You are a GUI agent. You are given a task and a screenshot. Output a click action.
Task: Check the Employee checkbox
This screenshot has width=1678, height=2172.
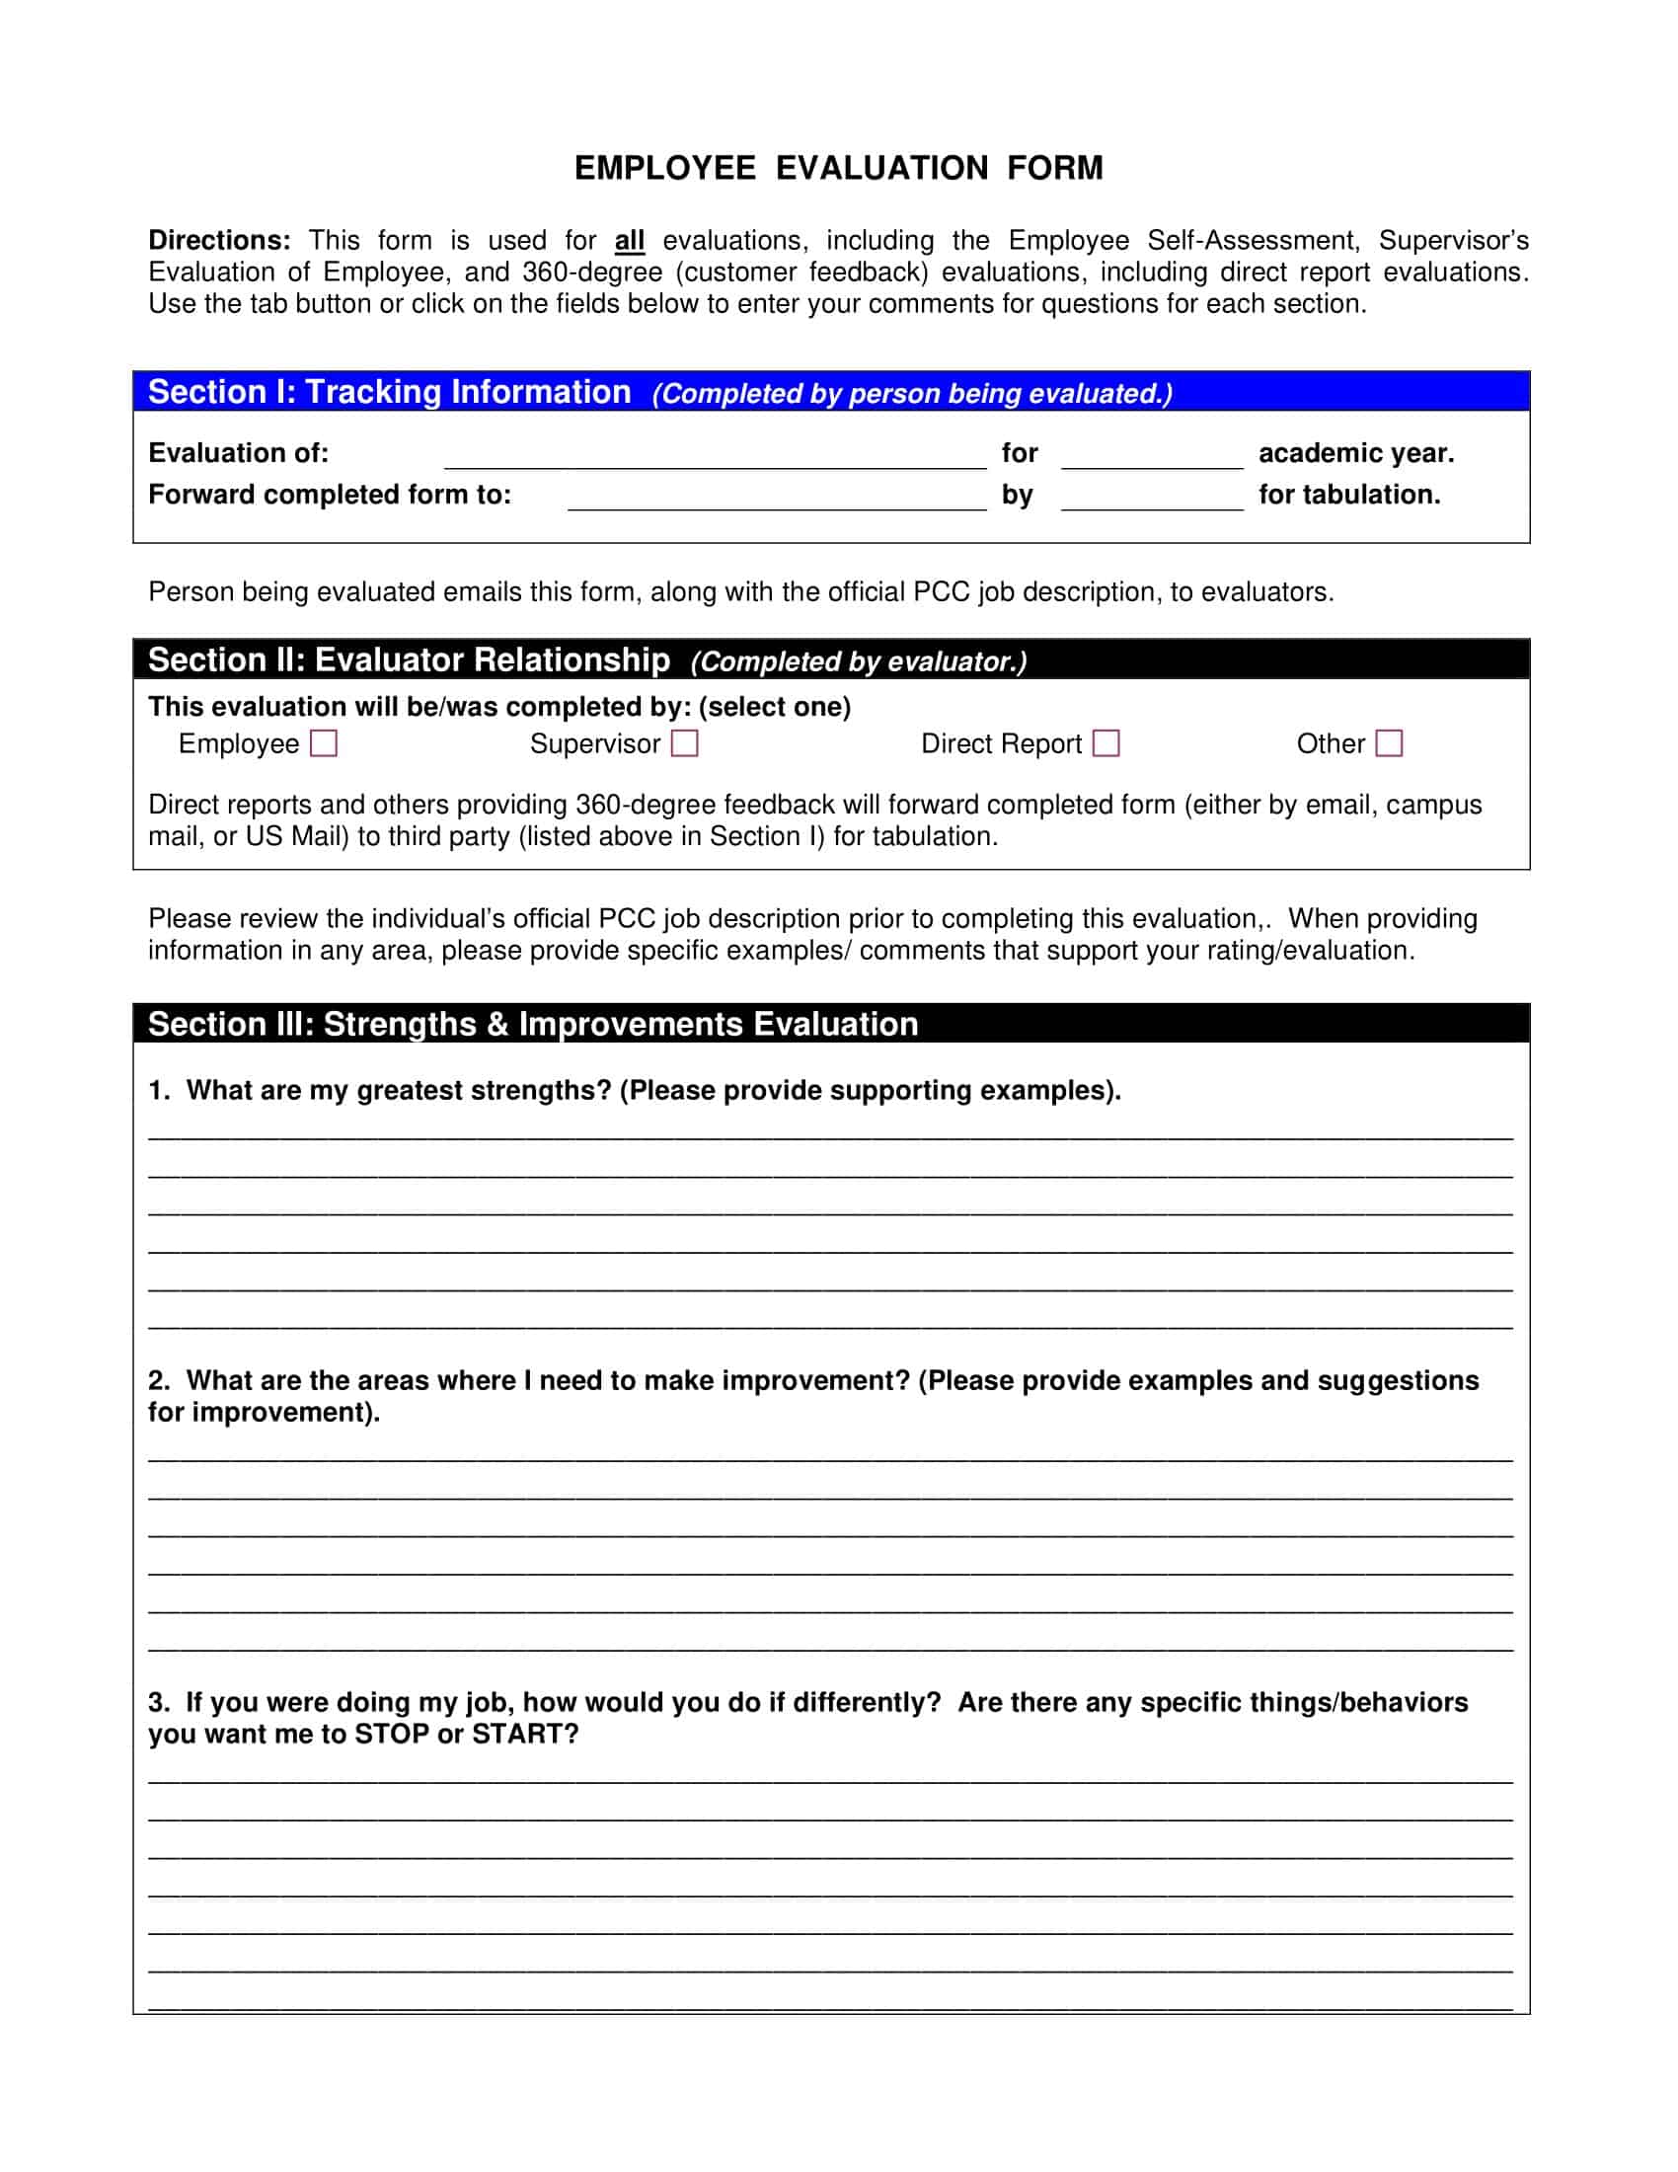[x=324, y=742]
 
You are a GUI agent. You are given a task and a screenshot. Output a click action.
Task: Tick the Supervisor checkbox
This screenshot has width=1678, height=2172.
[x=685, y=742]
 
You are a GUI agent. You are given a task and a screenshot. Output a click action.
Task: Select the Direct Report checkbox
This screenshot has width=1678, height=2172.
[x=1106, y=742]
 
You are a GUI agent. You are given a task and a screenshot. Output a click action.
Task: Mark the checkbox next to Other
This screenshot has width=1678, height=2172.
[x=1389, y=742]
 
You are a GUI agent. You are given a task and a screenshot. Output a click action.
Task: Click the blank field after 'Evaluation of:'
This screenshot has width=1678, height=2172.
[x=715, y=456]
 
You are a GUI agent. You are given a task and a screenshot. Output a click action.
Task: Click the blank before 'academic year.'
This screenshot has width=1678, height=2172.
[x=1152, y=456]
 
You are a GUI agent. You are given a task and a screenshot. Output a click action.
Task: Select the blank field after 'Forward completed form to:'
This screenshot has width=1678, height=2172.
[x=777, y=499]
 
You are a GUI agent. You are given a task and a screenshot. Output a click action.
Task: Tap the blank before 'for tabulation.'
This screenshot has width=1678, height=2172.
[x=1152, y=499]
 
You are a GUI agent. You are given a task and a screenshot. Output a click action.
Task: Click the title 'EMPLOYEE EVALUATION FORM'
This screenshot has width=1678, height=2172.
[x=839, y=168]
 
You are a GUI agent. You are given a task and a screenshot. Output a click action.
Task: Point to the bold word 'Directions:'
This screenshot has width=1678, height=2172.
[x=220, y=241]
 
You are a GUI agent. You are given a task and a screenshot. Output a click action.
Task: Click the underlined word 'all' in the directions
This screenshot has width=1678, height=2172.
[x=630, y=241]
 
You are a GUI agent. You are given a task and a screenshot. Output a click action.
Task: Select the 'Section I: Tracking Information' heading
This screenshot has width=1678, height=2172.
[x=390, y=392]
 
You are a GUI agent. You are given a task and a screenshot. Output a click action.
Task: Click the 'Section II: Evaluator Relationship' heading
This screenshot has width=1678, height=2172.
[x=409, y=659]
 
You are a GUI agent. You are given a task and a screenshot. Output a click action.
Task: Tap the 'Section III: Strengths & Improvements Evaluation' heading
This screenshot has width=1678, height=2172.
[x=533, y=1024]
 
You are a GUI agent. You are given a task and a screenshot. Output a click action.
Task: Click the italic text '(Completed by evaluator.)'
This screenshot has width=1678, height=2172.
[x=858, y=661]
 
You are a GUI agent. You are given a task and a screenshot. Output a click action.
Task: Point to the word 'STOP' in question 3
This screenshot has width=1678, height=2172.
[x=392, y=1734]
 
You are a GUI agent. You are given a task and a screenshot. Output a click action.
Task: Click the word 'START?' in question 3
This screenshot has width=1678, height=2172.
[x=525, y=1734]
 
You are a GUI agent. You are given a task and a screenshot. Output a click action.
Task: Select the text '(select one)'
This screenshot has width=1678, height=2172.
[x=775, y=706]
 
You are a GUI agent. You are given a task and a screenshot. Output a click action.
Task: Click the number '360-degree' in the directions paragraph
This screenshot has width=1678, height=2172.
[x=591, y=272]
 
